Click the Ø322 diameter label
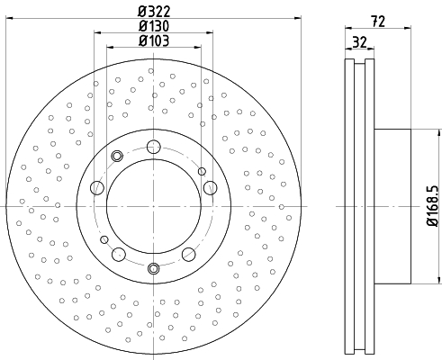tap(154, 12)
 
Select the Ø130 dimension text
tap(154, 26)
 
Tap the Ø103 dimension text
tap(154, 40)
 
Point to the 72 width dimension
tap(378, 22)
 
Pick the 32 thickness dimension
tap(360, 42)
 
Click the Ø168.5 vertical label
tap(433, 206)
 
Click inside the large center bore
tap(154, 206)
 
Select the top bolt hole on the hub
tap(154, 147)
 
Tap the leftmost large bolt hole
tap(97, 188)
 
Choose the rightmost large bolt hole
tap(211, 188)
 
